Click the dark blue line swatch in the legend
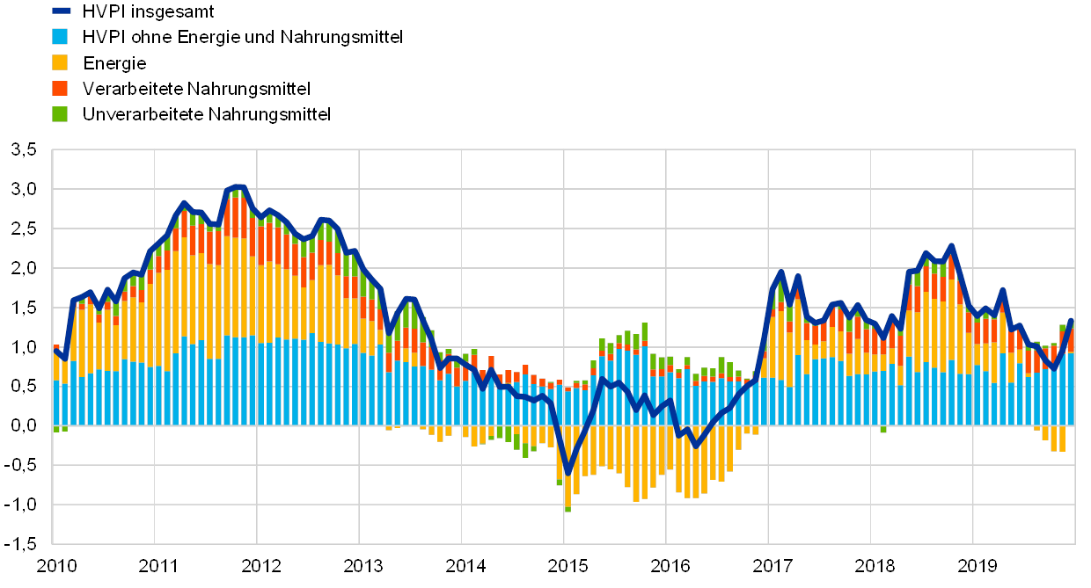[x=62, y=11]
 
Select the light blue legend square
[x=62, y=37]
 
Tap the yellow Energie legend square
[x=62, y=62]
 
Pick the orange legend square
[x=62, y=88]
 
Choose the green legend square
[x=62, y=113]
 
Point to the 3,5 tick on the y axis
[x=24, y=150]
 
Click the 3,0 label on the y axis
[x=24, y=190]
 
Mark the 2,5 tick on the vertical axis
[x=24, y=229]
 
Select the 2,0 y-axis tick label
[x=24, y=269]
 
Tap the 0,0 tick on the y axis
[x=24, y=425]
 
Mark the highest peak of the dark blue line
[x=239, y=186]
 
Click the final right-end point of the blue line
[x=1071, y=319]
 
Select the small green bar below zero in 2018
[x=883, y=430]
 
